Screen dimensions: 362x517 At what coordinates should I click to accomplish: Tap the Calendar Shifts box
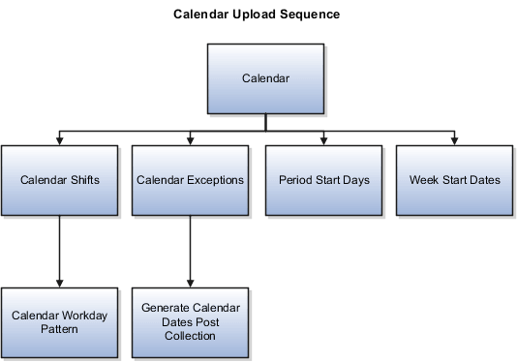[60, 180]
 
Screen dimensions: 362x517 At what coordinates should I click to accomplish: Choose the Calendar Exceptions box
[190, 180]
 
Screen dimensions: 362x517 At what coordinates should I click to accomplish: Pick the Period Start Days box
[322, 180]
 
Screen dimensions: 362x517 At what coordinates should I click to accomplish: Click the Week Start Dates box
[453, 180]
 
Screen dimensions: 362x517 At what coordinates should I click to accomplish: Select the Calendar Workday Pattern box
[60, 321]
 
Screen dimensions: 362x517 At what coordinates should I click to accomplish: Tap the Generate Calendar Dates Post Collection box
[190, 321]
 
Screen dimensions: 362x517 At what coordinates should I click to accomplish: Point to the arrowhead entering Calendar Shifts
[60, 139]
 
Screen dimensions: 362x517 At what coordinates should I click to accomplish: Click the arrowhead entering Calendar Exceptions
[191, 139]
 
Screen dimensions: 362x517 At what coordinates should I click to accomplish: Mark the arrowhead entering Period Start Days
[322, 139]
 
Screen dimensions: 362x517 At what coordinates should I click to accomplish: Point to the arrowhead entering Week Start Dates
[453, 139]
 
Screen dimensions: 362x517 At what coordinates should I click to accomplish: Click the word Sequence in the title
[309, 15]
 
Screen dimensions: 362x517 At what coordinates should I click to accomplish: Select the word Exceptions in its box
[212, 180]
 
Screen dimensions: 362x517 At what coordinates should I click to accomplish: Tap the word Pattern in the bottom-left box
[60, 329]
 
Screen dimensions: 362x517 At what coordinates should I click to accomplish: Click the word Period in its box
[294, 180]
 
